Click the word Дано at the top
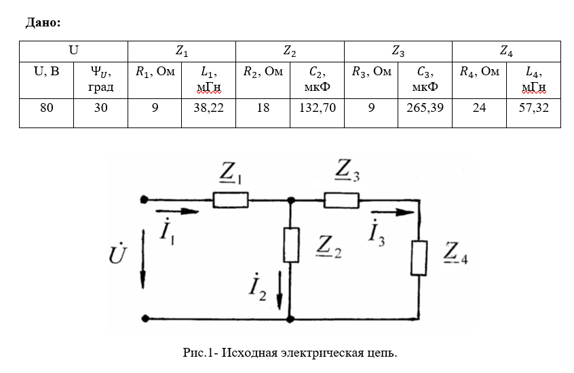click(43, 22)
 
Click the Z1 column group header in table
click(182, 51)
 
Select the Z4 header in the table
click(506, 51)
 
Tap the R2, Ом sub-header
click(263, 72)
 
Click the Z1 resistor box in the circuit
click(231, 199)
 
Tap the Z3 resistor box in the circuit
click(341, 199)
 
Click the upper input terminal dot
click(144, 199)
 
